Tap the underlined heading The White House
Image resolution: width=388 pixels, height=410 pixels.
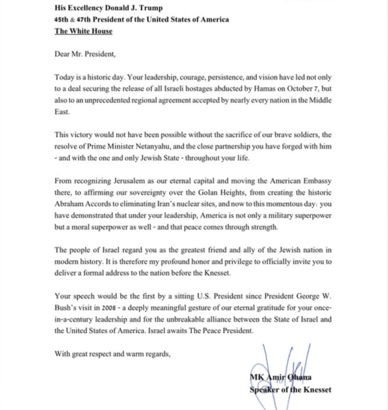[x=83, y=31]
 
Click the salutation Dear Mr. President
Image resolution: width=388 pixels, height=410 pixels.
[x=85, y=54]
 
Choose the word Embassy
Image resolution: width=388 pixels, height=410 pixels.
[x=318, y=181]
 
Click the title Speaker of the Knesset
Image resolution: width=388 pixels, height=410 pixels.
[x=290, y=389]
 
